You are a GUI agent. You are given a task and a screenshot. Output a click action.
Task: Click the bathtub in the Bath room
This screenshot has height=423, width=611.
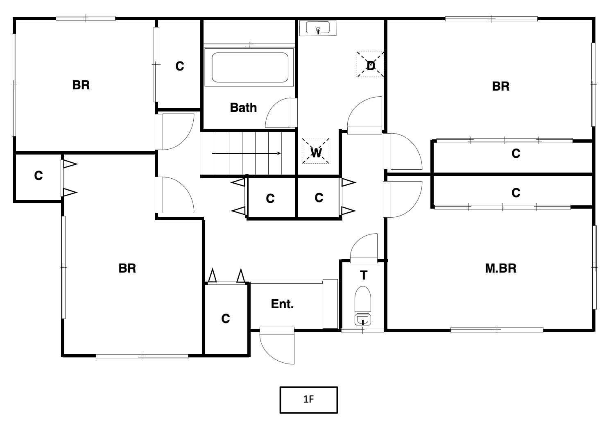coord(249,67)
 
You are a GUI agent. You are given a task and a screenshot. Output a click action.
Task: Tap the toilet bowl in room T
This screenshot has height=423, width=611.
coord(363,299)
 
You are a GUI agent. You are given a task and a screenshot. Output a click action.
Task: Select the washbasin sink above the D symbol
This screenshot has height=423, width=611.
coord(318,28)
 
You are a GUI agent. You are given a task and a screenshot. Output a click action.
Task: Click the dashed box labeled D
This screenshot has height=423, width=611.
coord(371,64)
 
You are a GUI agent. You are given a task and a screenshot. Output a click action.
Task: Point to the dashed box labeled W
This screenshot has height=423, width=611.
coord(316,151)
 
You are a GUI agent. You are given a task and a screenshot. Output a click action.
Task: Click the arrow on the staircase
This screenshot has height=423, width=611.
coord(246,153)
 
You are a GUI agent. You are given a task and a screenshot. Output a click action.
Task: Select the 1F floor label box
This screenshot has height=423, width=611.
coord(309,400)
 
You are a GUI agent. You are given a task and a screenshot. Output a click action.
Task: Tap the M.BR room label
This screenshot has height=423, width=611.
coord(500,268)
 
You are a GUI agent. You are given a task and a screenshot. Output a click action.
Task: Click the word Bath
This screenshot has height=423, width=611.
coord(243,107)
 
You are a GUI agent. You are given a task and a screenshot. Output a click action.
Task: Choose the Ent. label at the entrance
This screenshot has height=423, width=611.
coord(282,304)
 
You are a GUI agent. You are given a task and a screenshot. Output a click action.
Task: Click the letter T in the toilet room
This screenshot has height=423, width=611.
coord(364,275)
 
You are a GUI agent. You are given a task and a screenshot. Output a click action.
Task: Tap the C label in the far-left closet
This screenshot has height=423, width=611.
coord(38,175)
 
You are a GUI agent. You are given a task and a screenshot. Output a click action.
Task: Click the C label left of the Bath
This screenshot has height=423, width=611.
coord(180,66)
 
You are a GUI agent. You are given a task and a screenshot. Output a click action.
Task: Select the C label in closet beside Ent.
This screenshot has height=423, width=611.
coord(226,318)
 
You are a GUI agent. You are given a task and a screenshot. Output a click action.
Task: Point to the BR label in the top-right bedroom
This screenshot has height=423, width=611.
coord(500,86)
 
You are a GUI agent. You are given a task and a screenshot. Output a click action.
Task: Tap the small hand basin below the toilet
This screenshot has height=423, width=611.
coord(363,319)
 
